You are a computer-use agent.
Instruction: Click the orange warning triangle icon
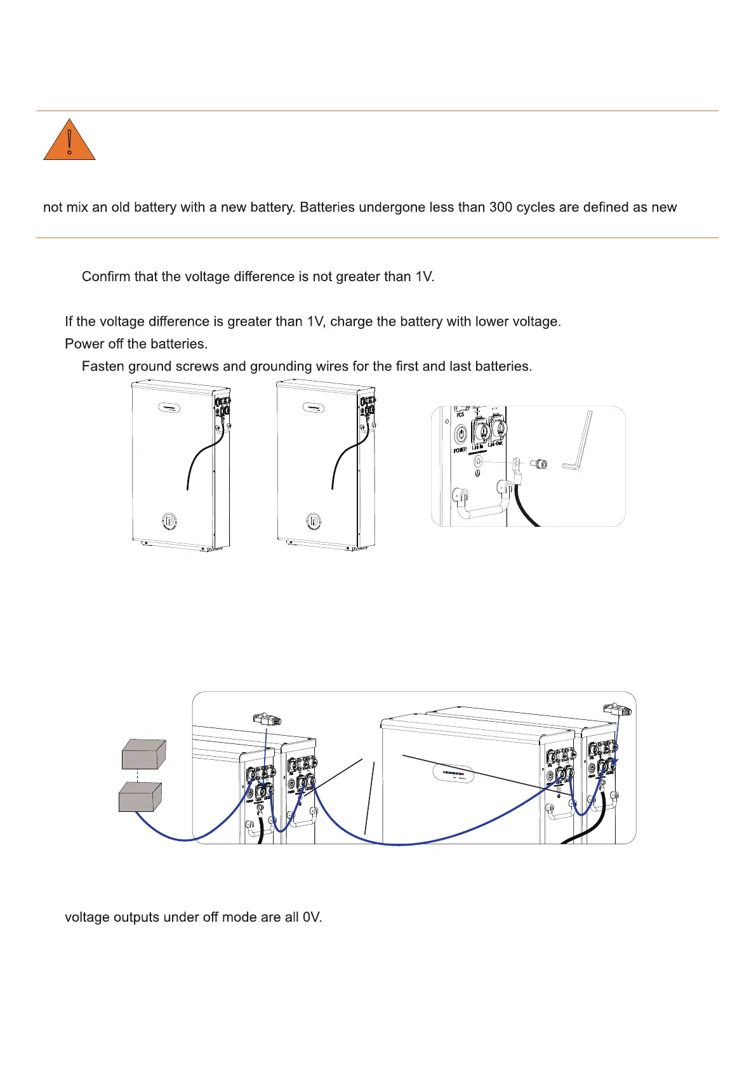[69, 141]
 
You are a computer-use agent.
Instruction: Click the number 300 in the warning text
[501, 208]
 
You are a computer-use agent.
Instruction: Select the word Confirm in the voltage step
[105, 277]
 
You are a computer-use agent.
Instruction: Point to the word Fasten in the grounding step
[103, 366]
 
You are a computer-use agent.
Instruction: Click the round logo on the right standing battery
[314, 522]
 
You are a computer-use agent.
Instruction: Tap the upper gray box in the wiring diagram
[144, 754]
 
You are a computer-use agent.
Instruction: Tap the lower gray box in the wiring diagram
[140, 797]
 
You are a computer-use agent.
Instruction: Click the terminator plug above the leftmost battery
[267, 719]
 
